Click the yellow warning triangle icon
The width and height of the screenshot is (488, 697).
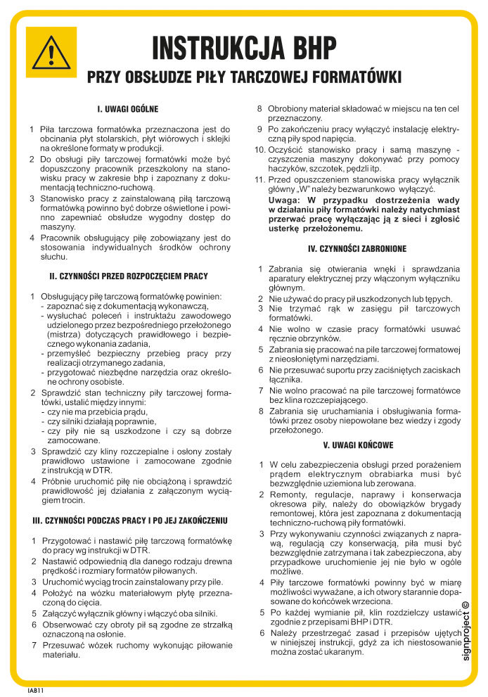(51, 52)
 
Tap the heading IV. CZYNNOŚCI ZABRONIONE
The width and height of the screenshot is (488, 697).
(357, 248)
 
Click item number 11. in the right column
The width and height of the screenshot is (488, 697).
(258, 179)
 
